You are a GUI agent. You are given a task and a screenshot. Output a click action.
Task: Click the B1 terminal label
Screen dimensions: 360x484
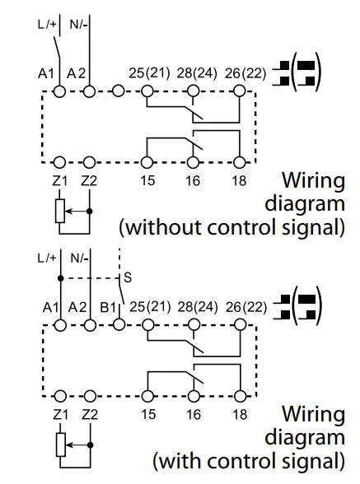108,308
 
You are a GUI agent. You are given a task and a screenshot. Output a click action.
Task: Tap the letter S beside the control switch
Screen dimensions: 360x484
128,277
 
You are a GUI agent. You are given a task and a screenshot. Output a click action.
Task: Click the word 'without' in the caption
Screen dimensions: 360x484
164,227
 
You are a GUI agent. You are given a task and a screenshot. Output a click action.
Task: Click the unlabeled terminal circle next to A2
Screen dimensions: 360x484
118,91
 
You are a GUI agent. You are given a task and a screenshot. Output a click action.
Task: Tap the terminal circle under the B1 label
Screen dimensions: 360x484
119,324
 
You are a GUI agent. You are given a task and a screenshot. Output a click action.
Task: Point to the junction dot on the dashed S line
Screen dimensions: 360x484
61,278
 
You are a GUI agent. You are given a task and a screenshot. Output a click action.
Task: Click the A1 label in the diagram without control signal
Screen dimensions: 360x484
46,74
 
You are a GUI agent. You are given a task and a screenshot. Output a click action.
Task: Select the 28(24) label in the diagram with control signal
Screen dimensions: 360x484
198,307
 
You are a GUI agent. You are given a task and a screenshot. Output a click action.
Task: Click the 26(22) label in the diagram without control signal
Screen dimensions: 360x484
245,73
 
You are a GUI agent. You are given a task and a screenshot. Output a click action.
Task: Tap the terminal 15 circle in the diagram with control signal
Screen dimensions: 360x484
148,396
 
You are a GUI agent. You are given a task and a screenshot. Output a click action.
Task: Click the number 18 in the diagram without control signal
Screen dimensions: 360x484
239,180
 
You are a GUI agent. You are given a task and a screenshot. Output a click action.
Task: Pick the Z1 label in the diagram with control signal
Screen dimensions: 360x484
60,415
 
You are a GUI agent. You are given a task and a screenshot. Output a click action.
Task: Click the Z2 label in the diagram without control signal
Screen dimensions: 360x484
89,180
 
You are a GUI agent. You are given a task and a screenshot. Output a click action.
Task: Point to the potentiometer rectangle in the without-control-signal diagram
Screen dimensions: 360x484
60,211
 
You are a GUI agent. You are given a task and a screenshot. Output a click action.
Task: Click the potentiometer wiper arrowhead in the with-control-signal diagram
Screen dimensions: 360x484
68,445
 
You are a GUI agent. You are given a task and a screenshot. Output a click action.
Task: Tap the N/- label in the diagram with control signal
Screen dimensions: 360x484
79,258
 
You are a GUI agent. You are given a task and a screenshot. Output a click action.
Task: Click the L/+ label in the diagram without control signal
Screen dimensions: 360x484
47,24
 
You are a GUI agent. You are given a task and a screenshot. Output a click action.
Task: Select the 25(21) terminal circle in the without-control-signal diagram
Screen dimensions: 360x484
147,91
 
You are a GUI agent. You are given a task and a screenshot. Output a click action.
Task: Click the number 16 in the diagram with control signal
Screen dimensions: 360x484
194,415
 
